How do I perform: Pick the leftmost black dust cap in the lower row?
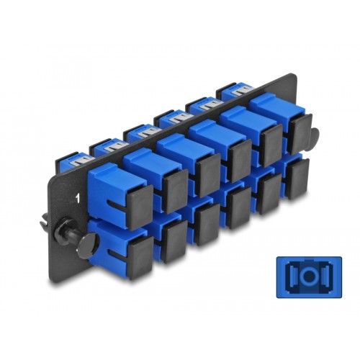(x=139, y=249)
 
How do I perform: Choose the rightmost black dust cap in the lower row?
(x=296, y=176)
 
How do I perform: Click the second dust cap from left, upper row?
(x=174, y=189)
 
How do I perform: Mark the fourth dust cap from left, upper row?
(x=238, y=161)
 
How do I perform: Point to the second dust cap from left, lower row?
(x=174, y=234)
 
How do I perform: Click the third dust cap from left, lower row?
(x=207, y=219)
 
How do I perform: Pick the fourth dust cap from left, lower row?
(x=238, y=204)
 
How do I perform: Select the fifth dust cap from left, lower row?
(x=268, y=189)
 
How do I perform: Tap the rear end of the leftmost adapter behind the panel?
(x=77, y=159)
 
